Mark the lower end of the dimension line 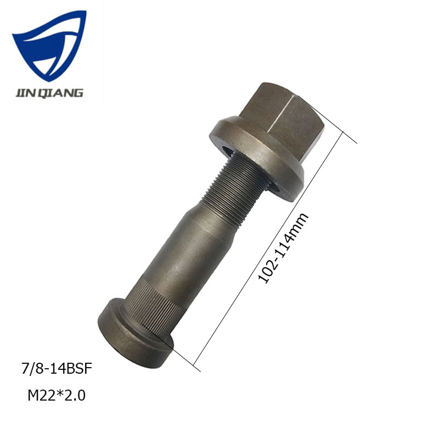(x=195, y=363)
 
